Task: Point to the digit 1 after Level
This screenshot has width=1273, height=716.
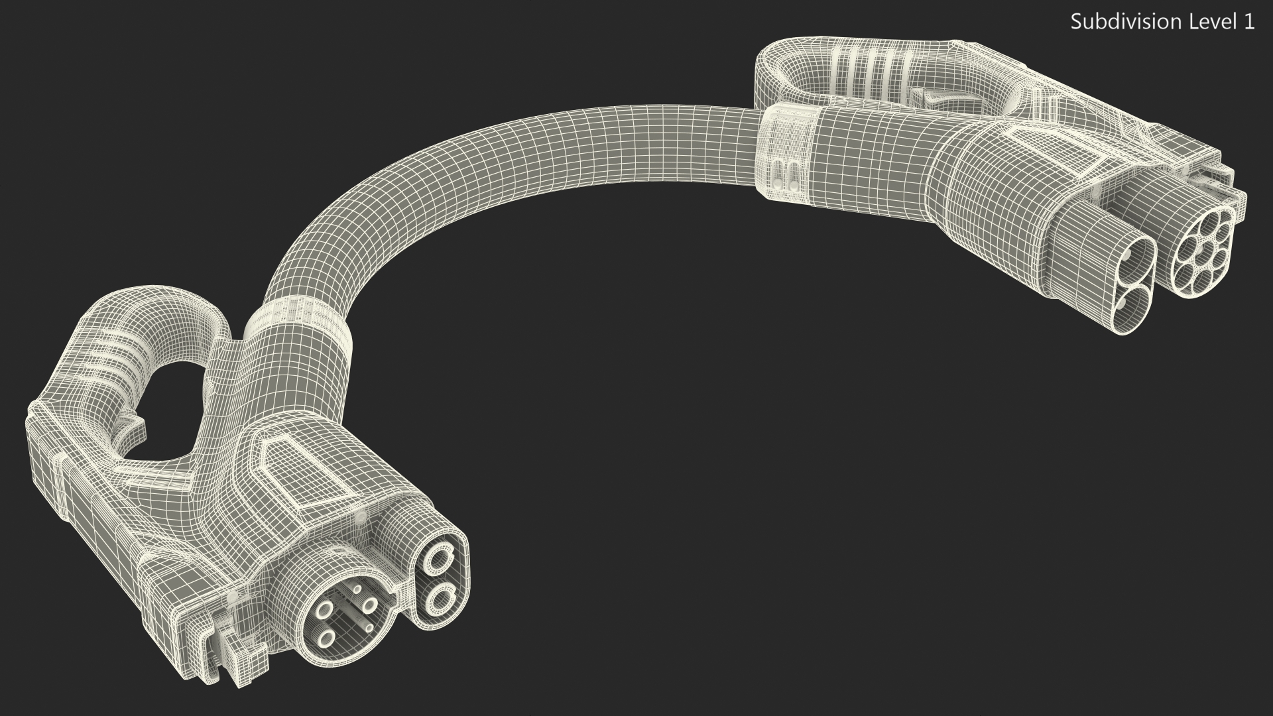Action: (x=1246, y=22)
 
